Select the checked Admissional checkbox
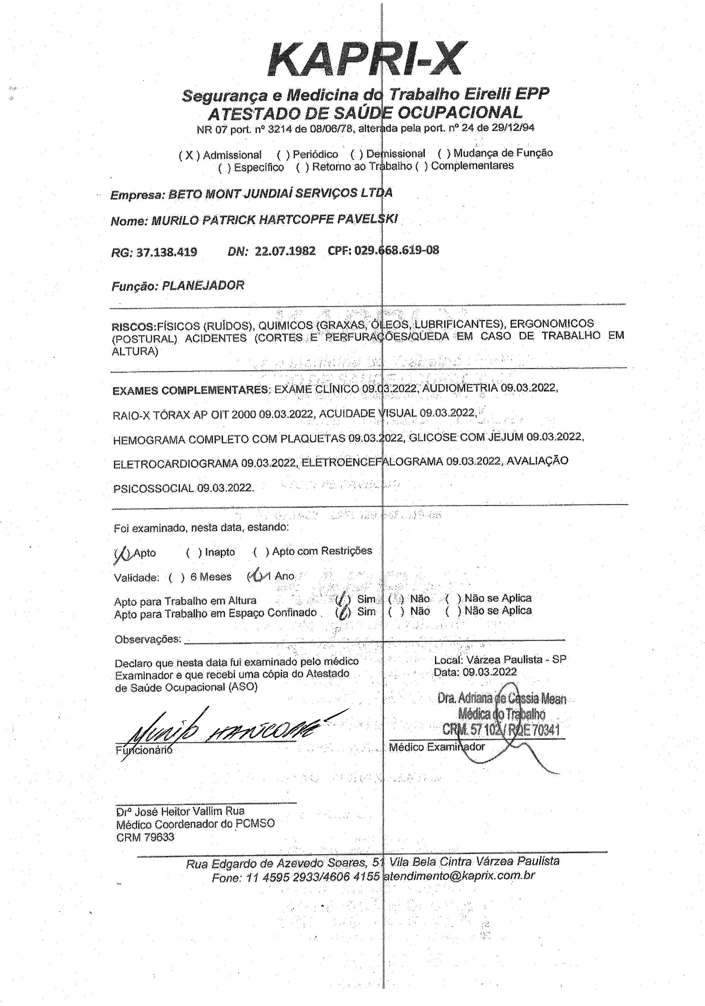189,155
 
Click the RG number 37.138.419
167,252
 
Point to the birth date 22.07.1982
285,251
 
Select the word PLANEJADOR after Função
203,286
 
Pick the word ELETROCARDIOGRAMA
176,464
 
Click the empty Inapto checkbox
194,553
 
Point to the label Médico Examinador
437,747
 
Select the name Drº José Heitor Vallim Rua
180,811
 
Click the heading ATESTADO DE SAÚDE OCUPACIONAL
365,113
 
